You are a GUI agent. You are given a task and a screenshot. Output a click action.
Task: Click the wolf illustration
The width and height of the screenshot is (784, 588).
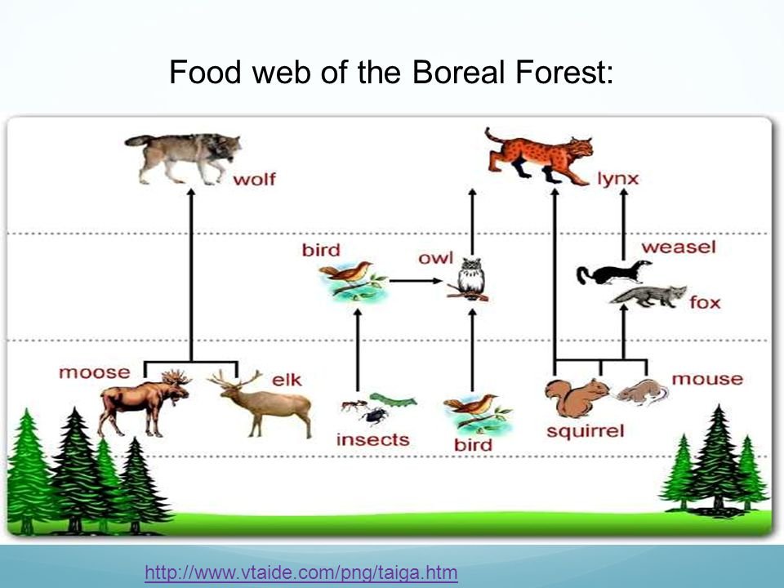pos(184,158)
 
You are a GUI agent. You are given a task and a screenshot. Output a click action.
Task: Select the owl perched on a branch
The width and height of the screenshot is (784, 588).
pos(470,279)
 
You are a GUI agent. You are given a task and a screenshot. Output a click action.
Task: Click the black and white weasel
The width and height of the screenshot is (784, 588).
pos(613,272)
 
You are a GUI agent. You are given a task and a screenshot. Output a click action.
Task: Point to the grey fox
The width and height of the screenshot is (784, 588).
pos(648,296)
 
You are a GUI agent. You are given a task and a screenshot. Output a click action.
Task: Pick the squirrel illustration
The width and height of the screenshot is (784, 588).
pos(576,398)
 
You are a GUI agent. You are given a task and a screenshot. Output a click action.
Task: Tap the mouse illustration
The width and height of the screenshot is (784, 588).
pos(643,391)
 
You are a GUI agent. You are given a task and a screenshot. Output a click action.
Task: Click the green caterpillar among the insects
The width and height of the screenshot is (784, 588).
pos(393,399)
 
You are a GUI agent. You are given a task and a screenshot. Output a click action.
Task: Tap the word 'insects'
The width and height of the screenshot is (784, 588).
pos(373,439)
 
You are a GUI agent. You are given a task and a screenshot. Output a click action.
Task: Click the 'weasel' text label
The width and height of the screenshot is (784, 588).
pos(679,247)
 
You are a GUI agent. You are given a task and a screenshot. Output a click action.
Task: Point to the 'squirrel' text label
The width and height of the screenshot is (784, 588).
pos(586,431)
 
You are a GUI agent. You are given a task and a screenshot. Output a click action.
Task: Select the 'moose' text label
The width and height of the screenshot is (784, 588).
pos(95,372)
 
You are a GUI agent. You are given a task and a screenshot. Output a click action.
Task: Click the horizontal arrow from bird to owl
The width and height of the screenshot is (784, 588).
pos(416,281)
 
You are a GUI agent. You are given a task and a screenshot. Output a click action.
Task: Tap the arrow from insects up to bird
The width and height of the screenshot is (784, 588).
pos(358,350)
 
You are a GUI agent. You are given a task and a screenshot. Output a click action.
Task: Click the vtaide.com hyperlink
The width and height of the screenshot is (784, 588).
pos(301,572)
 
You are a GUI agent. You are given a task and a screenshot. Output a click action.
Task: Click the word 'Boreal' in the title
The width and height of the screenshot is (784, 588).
pos(458,72)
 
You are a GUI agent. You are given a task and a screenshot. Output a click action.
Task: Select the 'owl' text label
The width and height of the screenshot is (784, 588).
pos(435,258)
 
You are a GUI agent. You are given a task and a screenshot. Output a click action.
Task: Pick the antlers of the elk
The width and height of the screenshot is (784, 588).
pos(235,378)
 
